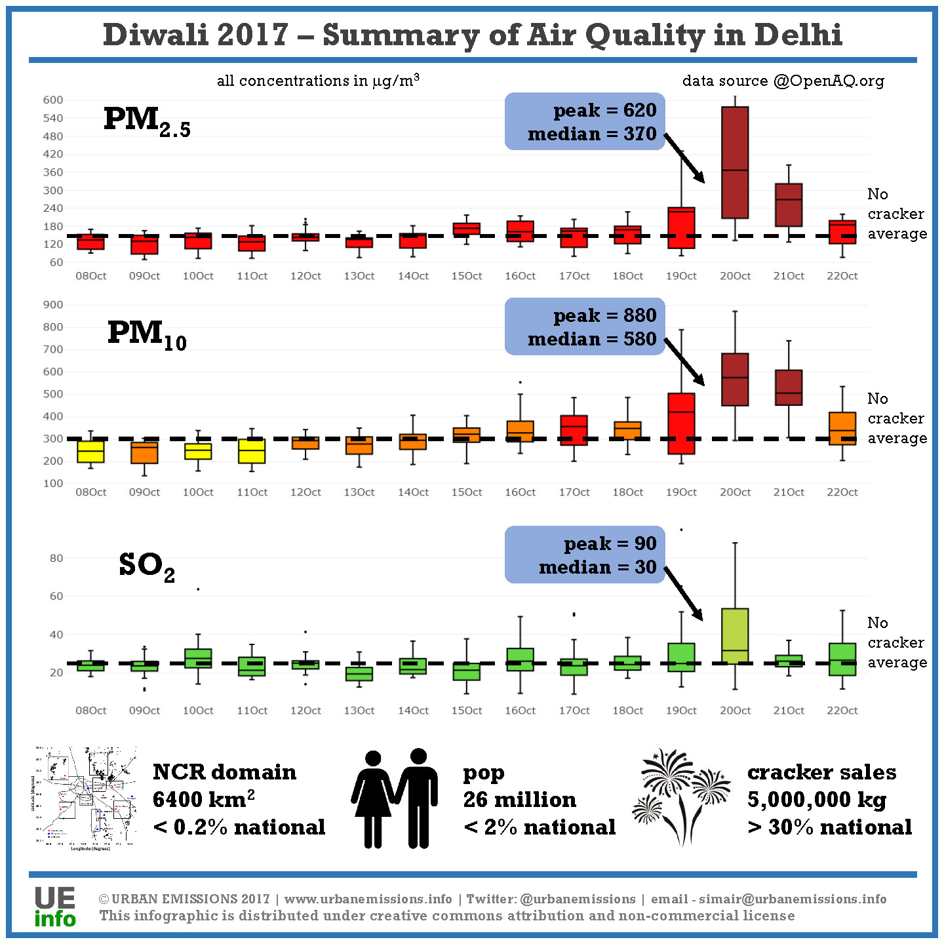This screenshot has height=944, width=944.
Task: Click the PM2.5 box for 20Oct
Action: coord(735,163)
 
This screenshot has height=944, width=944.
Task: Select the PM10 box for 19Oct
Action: coord(681,423)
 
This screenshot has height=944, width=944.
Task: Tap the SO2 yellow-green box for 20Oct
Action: coord(735,636)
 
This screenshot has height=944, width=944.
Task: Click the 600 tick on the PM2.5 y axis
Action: coord(53,100)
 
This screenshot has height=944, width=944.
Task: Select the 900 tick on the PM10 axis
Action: coord(53,305)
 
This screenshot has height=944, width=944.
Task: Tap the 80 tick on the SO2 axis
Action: coord(56,559)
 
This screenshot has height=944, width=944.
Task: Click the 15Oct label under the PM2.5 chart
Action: coord(467,276)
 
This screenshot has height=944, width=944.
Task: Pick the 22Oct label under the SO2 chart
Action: coord(842,711)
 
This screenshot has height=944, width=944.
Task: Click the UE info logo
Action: coord(55,907)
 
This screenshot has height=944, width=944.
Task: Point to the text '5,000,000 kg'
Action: coord(817,800)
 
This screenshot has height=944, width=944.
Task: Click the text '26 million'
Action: coord(520,800)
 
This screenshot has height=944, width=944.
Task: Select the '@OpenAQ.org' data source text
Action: coord(829,81)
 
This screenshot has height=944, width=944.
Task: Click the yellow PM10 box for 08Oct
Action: coord(90,452)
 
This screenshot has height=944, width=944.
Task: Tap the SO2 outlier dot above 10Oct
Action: coord(198,589)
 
